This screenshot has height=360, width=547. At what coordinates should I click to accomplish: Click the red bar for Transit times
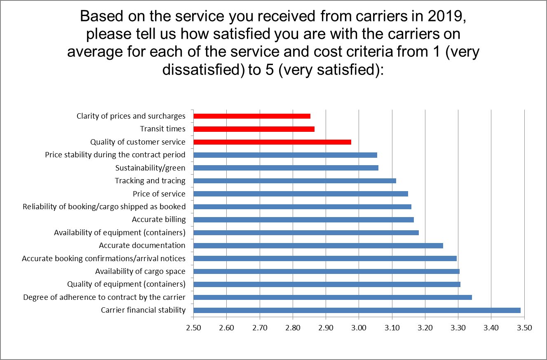(254, 129)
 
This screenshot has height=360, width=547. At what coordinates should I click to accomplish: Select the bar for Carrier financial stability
(357, 310)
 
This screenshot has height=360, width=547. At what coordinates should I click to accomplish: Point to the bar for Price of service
(300, 194)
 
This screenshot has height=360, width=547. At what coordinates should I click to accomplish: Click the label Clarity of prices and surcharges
(131, 116)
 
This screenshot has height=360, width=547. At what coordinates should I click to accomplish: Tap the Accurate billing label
(159, 220)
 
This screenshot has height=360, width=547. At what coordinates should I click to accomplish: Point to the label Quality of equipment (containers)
(126, 284)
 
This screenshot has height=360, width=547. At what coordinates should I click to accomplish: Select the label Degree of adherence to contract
(104, 297)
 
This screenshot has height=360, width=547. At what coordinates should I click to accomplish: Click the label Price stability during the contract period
(115, 155)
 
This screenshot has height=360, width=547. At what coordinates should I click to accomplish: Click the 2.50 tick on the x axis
(193, 328)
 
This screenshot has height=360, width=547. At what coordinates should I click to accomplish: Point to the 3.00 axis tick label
(359, 328)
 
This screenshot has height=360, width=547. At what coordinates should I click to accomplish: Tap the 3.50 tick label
(524, 328)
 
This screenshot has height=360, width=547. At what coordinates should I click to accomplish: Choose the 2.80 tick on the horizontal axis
(293, 328)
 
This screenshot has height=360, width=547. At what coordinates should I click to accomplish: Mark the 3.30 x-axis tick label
(458, 328)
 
